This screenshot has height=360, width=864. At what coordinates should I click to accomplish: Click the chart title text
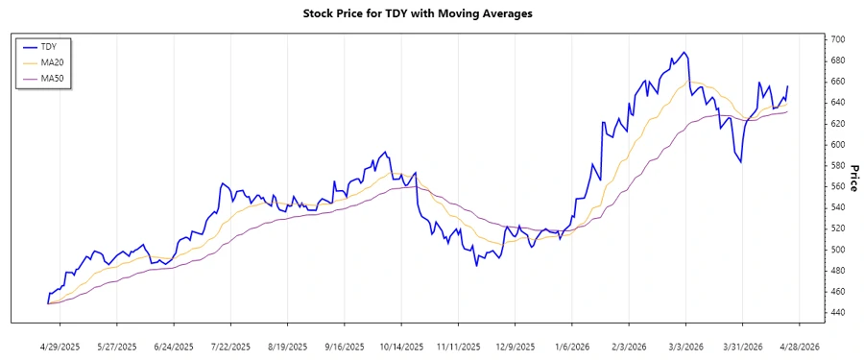431,14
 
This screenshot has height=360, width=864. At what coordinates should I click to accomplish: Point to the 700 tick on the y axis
836,39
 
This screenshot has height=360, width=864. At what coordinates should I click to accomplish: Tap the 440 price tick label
836,313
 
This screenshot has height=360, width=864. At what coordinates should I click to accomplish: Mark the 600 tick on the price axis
836,145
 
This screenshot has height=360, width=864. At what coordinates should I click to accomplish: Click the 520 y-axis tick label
836,228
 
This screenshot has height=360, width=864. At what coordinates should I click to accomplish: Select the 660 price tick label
836,82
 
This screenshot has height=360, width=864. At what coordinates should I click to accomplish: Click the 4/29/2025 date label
60,346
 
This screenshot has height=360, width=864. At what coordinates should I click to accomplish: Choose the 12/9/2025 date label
514,346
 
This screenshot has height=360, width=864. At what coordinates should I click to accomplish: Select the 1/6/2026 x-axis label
571,346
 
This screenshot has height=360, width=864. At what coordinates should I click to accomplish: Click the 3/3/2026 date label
684,346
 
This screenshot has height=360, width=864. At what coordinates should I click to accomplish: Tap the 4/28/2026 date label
798,346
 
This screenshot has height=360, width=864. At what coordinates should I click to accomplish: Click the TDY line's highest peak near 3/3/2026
684,52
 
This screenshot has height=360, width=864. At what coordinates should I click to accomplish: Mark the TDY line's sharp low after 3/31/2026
740,162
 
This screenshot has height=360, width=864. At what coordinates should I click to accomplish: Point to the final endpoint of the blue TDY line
788,86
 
